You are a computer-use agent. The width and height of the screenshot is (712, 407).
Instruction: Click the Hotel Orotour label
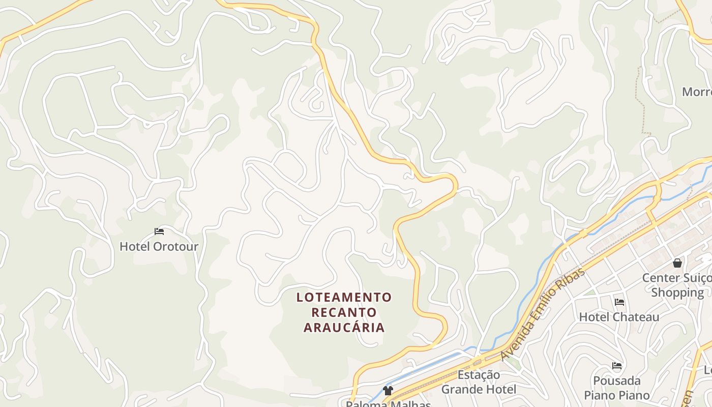159,247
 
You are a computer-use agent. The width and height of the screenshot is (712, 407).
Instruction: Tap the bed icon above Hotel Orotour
159,231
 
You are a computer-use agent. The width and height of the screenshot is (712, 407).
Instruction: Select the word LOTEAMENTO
344,297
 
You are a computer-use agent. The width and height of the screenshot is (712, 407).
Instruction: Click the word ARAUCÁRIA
344,327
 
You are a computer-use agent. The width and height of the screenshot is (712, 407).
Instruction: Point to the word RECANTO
344,312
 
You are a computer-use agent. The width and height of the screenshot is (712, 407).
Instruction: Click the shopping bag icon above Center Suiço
677,263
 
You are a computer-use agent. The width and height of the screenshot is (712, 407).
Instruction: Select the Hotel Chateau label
619,317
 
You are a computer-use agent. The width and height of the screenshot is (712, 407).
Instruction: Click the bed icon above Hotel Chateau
619,302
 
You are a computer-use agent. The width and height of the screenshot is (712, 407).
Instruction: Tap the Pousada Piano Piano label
617,388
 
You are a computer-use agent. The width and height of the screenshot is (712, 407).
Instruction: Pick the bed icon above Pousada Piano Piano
617,365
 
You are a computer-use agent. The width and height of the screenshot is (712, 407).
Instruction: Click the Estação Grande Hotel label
479,382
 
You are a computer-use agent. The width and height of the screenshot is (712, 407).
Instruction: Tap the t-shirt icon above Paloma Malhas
388,391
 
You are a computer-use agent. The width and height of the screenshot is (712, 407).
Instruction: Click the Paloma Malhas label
388,404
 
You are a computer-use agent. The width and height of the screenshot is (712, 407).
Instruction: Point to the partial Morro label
696,92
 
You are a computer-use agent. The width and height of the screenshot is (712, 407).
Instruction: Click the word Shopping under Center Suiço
677,293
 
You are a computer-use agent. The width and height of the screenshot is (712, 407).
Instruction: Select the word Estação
479,375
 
